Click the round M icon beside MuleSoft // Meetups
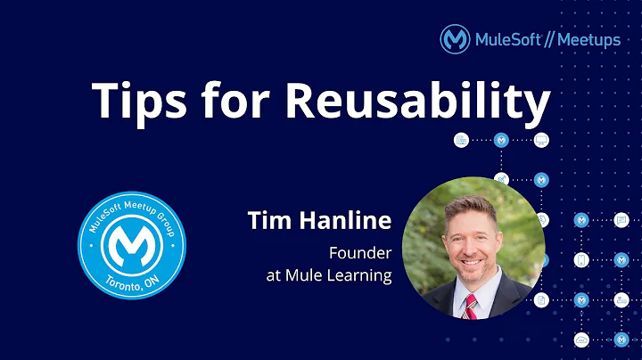pos(456,39)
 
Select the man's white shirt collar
pos(454,294)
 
